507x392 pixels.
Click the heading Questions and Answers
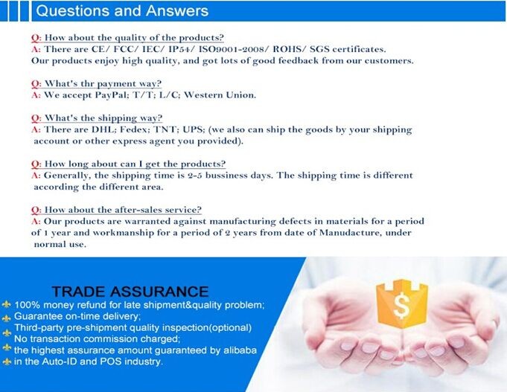point(122,10)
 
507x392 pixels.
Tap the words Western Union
point(220,94)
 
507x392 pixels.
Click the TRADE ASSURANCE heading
point(130,292)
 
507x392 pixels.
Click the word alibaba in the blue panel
point(240,350)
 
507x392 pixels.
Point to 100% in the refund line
point(27,305)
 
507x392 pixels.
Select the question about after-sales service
point(116,210)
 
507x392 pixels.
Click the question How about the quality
point(127,37)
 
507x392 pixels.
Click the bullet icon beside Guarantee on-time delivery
point(7,318)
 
